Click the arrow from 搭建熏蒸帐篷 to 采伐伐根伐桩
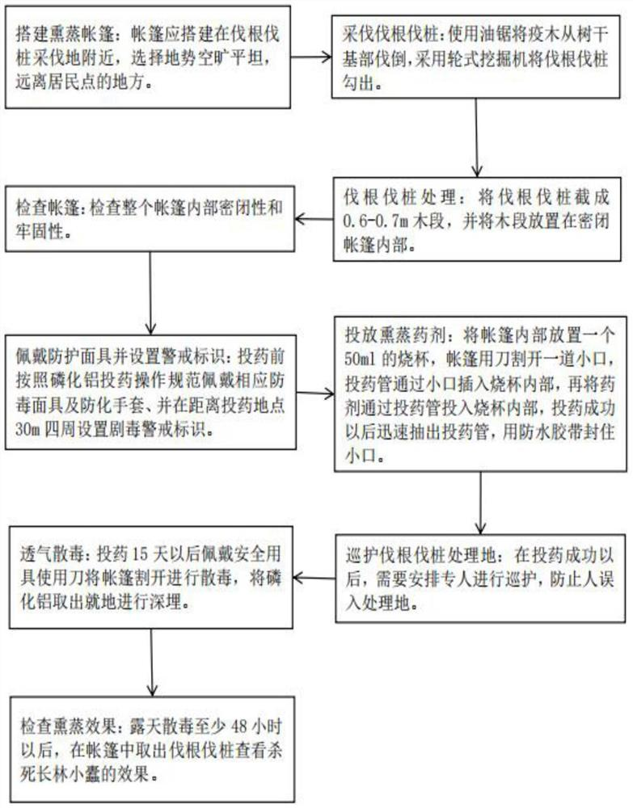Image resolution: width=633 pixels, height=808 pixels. [x=313, y=58]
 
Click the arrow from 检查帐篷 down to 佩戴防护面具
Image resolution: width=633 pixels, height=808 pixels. [x=151, y=290]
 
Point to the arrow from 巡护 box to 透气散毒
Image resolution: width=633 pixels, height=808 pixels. [x=314, y=575]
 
